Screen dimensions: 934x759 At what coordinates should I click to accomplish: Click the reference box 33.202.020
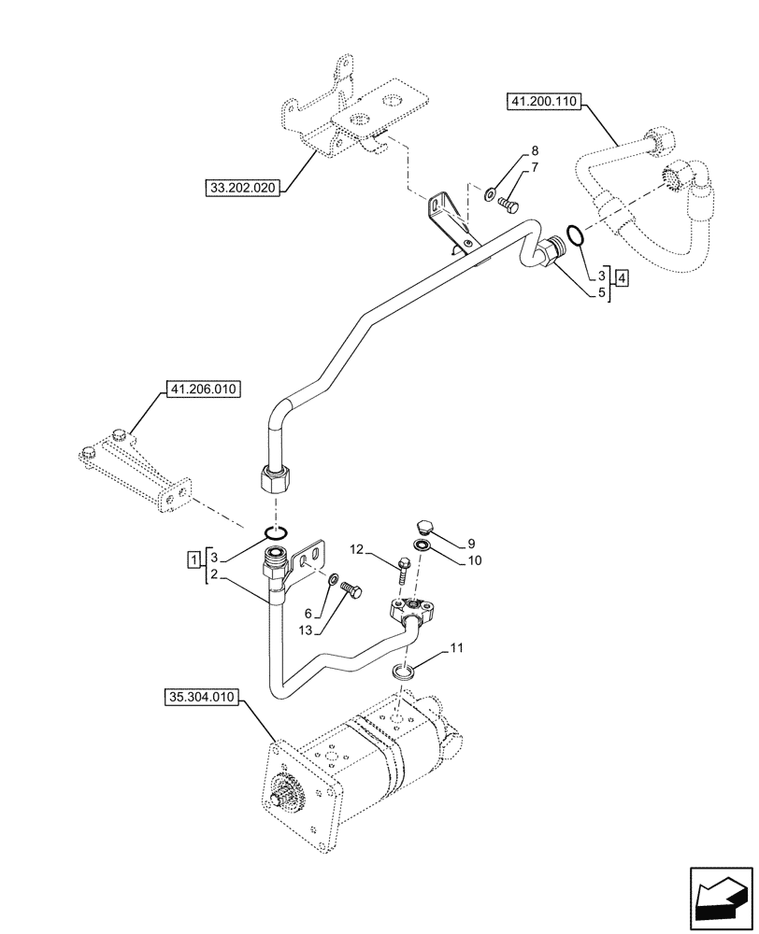pos(242,189)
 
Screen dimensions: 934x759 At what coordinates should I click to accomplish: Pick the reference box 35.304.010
pos(203,697)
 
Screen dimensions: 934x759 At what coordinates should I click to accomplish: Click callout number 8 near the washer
pos(535,150)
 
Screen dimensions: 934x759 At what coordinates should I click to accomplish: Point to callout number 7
pos(535,167)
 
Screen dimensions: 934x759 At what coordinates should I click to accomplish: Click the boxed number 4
pos(622,276)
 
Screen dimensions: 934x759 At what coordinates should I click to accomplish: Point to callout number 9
pos(472,543)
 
